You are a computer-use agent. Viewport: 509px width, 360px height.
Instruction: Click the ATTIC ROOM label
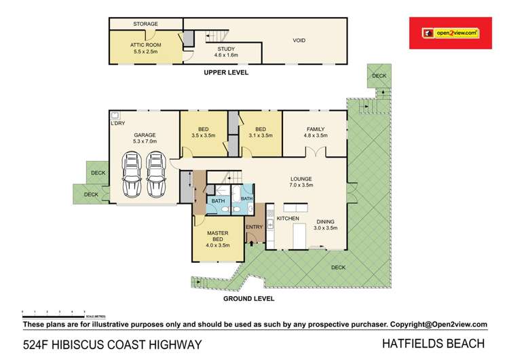click(x=145, y=43)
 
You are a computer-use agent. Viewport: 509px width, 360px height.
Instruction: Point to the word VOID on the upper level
click(x=299, y=40)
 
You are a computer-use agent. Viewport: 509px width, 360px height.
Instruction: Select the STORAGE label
click(x=145, y=24)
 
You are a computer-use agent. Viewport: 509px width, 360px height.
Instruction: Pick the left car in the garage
click(x=132, y=173)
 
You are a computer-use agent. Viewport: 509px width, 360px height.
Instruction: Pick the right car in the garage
click(x=156, y=173)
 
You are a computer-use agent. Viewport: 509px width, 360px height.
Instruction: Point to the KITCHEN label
click(x=287, y=219)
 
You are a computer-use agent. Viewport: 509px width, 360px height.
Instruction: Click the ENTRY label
click(x=254, y=227)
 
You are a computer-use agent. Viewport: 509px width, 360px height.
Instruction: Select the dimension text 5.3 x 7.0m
click(x=145, y=143)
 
